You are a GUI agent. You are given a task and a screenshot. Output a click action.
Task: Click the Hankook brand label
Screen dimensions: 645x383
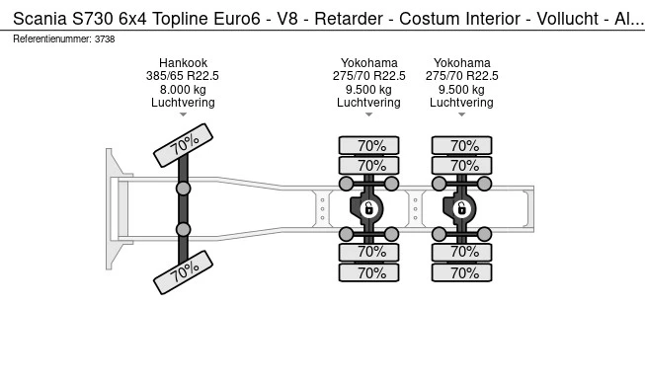coord(183,63)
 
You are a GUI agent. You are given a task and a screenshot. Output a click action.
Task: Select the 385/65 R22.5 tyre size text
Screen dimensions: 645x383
coord(183,76)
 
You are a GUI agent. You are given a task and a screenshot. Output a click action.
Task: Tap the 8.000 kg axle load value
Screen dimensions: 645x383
coord(183,90)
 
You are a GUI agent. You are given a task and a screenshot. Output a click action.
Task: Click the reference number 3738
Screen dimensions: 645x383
coord(105,39)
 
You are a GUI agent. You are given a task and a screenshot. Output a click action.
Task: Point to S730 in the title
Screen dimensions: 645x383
coord(93,19)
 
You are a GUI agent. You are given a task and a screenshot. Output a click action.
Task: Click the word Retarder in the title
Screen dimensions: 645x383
coord(349,19)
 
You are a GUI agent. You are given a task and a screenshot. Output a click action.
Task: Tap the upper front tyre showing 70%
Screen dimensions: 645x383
coord(183,145)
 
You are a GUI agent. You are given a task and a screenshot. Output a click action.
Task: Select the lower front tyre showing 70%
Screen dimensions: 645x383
coord(183,272)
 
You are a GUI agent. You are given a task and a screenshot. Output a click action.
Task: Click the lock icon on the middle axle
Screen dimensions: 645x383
coord(369,208)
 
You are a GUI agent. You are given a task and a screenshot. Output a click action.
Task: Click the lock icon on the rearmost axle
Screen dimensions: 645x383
coord(462,208)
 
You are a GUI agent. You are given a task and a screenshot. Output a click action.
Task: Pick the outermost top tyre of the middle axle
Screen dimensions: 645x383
coord(369,145)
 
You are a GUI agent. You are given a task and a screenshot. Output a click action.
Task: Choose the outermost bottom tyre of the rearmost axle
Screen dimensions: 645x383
coord(462,272)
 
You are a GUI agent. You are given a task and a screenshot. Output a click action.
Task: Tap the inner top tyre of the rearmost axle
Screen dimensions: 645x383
coord(462,166)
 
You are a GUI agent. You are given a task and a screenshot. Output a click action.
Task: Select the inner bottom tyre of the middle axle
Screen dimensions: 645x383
coord(369,252)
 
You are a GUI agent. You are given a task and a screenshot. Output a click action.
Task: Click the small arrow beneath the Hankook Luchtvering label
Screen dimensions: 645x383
coord(183,115)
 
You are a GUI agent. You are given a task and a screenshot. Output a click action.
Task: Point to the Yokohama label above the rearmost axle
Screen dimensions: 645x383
coord(462,63)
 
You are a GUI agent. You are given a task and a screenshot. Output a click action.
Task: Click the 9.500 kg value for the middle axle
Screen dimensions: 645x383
coord(369,90)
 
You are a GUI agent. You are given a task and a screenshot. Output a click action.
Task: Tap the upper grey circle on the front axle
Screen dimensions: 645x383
coord(183,189)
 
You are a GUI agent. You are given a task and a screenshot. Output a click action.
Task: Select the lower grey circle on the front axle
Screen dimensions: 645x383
coord(183,229)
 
